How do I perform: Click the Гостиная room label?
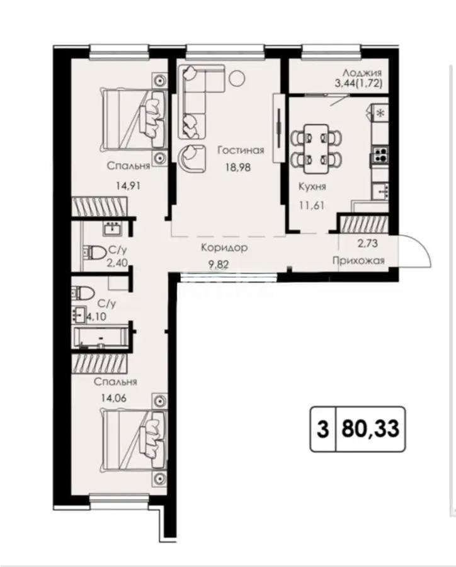tap(240, 150)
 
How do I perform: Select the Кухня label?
tap(312, 186)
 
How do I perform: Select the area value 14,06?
tap(110, 397)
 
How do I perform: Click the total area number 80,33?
tap(370, 430)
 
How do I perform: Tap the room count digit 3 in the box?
tap(322, 430)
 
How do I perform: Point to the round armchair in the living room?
tap(191, 157)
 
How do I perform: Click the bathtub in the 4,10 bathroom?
tap(101, 337)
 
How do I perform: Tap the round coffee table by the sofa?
tap(237, 78)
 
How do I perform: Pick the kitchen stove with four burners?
tap(381, 154)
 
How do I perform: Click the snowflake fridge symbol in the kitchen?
tap(380, 113)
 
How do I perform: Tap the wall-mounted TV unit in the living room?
tap(277, 114)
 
